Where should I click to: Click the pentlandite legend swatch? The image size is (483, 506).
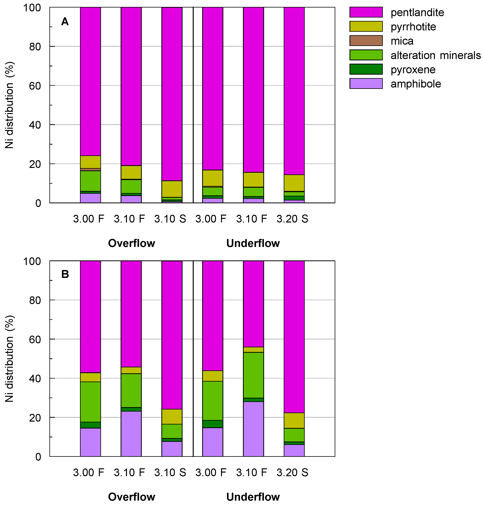(x=366, y=12)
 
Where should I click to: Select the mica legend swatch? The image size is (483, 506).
(x=366, y=41)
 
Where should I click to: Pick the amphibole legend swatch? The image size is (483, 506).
(x=366, y=84)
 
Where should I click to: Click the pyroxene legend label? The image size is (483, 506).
(x=413, y=69)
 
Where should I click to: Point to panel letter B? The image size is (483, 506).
(x=65, y=274)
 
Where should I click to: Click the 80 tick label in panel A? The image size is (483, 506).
(x=35, y=47)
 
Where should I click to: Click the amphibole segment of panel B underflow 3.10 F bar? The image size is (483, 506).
(x=253, y=429)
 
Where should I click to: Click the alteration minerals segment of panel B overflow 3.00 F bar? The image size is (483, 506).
(x=90, y=402)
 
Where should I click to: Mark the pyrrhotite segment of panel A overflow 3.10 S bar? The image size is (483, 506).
(x=172, y=189)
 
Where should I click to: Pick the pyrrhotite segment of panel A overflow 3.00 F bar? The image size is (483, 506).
(x=90, y=162)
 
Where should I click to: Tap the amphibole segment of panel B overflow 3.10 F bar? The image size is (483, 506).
(x=131, y=434)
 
